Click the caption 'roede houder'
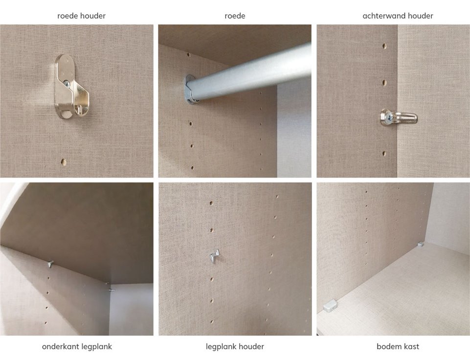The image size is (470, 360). click(x=81, y=16)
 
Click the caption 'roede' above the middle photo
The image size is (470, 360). click(x=235, y=16)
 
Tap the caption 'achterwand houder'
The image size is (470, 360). click(x=398, y=16)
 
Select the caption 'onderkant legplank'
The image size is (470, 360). click(x=77, y=347)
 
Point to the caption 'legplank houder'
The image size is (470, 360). click(x=235, y=347)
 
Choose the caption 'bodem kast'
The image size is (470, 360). click(x=398, y=347)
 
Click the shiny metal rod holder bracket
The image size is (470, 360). click(x=71, y=86)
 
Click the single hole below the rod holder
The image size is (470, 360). click(x=64, y=162)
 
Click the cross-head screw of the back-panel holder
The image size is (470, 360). click(x=388, y=118)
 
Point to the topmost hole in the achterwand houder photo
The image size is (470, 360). click(x=384, y=46)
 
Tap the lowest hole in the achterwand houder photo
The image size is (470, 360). click(x=384, y=154)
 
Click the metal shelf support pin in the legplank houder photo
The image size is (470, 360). click(x=214, y=257)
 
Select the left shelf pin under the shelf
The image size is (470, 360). click(x=50, y=264)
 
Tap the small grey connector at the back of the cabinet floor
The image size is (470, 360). click(x=421, y=244)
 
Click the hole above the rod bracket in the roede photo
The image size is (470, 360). click(x=189, y=55)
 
